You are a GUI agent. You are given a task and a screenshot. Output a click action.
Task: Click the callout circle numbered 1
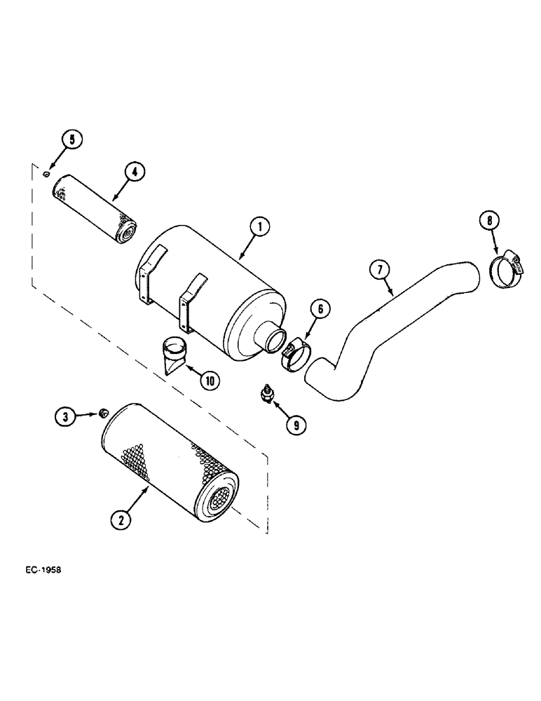(x=260, y=226)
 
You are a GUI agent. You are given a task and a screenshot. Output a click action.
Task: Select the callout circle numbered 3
(x=64, y=416)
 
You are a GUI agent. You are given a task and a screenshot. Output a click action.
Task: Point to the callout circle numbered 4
(x=134, y=172)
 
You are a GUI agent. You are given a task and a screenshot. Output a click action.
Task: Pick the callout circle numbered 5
(x=71, y=139)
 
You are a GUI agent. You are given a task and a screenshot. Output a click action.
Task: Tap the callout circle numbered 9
(x=296, y=423)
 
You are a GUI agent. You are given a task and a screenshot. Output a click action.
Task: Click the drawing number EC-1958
(x=42, y=570)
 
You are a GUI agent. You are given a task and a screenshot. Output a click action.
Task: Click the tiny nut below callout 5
(x=46, y=174)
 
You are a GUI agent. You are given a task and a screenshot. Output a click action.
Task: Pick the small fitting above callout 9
(x=266, y=393)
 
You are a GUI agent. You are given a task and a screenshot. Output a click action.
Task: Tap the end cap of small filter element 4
(x=127, y=232)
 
